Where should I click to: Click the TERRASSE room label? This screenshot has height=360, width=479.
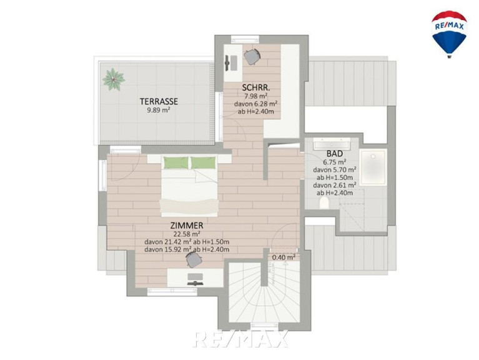click(159, 101)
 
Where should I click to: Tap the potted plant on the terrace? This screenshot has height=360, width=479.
click(114, 79)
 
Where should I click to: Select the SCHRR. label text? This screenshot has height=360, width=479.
click(256, 87)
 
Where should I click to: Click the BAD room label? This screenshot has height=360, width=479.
click(335, 153)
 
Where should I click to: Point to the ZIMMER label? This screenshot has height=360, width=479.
click(187, 226)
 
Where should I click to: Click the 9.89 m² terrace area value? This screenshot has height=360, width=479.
click(159, 110)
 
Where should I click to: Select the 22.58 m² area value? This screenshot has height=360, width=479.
click(187, 234)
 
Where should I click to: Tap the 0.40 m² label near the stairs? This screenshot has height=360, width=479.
click(284, 257)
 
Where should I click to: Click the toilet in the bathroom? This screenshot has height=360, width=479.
click(324, 202)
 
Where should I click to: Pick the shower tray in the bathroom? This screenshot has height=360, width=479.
click(373, 167)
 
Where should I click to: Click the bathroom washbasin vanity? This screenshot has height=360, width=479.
click(332, 143)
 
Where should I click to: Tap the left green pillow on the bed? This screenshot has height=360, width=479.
click(175, 162)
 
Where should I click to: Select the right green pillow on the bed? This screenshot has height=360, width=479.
click(204, 162)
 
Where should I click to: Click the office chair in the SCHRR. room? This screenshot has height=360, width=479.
click(252, 57)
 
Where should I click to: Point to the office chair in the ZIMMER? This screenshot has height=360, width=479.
click(194, 259)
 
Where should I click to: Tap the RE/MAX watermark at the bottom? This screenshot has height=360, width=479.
click(241, 339)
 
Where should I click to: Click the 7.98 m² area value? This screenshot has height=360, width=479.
click(256, 96)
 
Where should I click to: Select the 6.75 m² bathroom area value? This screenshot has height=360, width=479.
click(335, 162)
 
